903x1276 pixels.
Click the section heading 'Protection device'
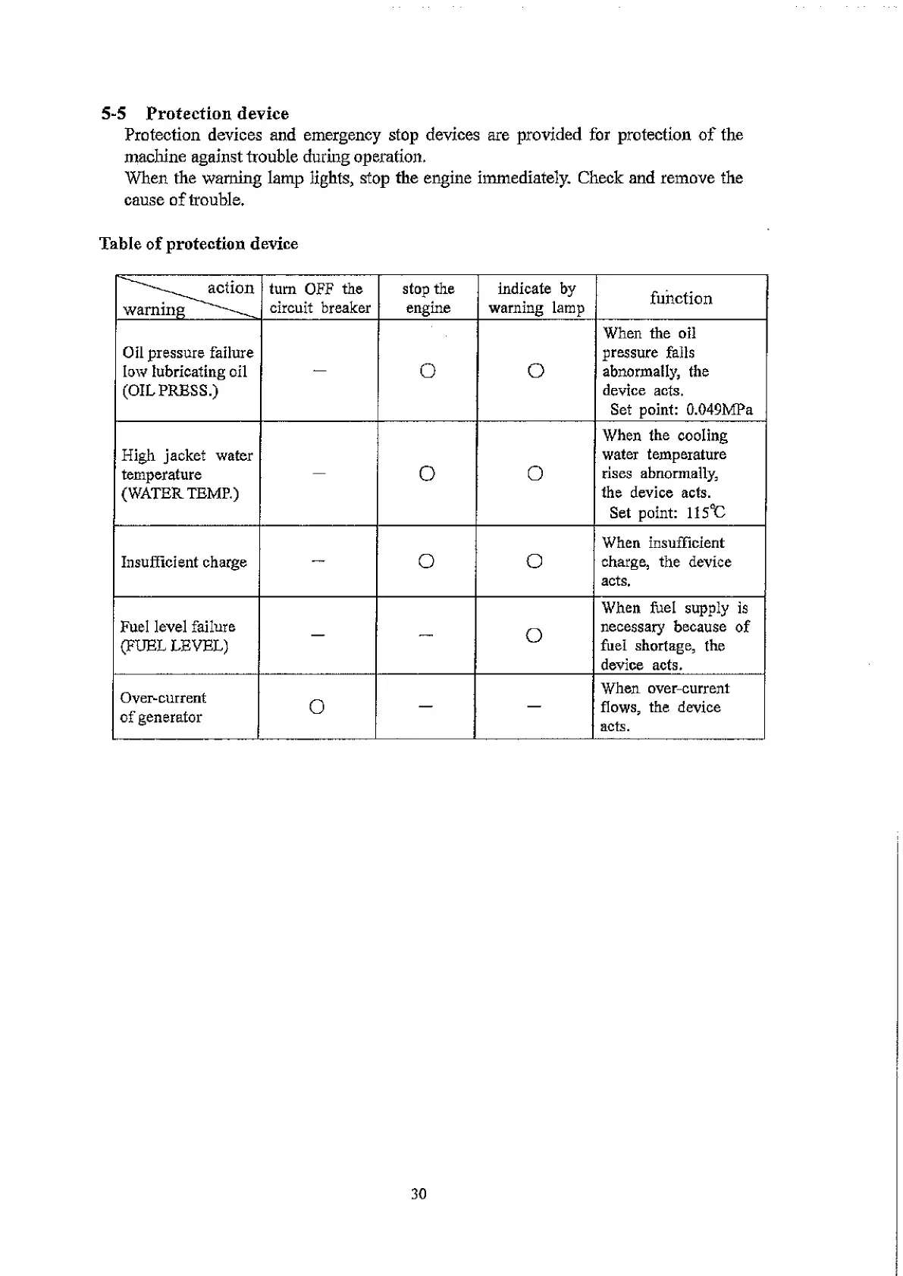pos(217,114)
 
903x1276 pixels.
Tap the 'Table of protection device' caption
pos(199,244)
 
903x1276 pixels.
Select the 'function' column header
pos(681,299)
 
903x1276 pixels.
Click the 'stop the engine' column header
pos(428,299)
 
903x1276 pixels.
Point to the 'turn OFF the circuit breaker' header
pos(320,299)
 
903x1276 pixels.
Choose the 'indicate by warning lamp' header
pos(536,299)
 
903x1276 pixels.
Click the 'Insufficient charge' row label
pos(184,562)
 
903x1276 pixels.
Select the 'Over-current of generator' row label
pos(162,708)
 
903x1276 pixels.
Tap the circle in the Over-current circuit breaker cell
pos(318,707)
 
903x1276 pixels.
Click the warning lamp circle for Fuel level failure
pos(534,636)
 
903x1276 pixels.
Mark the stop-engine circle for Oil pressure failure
pos(428,371)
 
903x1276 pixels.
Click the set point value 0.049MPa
pos(720,410)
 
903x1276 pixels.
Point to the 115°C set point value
pos(706,513)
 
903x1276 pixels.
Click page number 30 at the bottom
pos(419,1194)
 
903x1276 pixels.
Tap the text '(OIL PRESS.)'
pos(170,391)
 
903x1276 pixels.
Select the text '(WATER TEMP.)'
pos(180,494)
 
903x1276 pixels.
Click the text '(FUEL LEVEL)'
pos(174,646)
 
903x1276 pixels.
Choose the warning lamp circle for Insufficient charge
pos(534,561)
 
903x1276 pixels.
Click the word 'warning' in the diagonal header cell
pos(154,310)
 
